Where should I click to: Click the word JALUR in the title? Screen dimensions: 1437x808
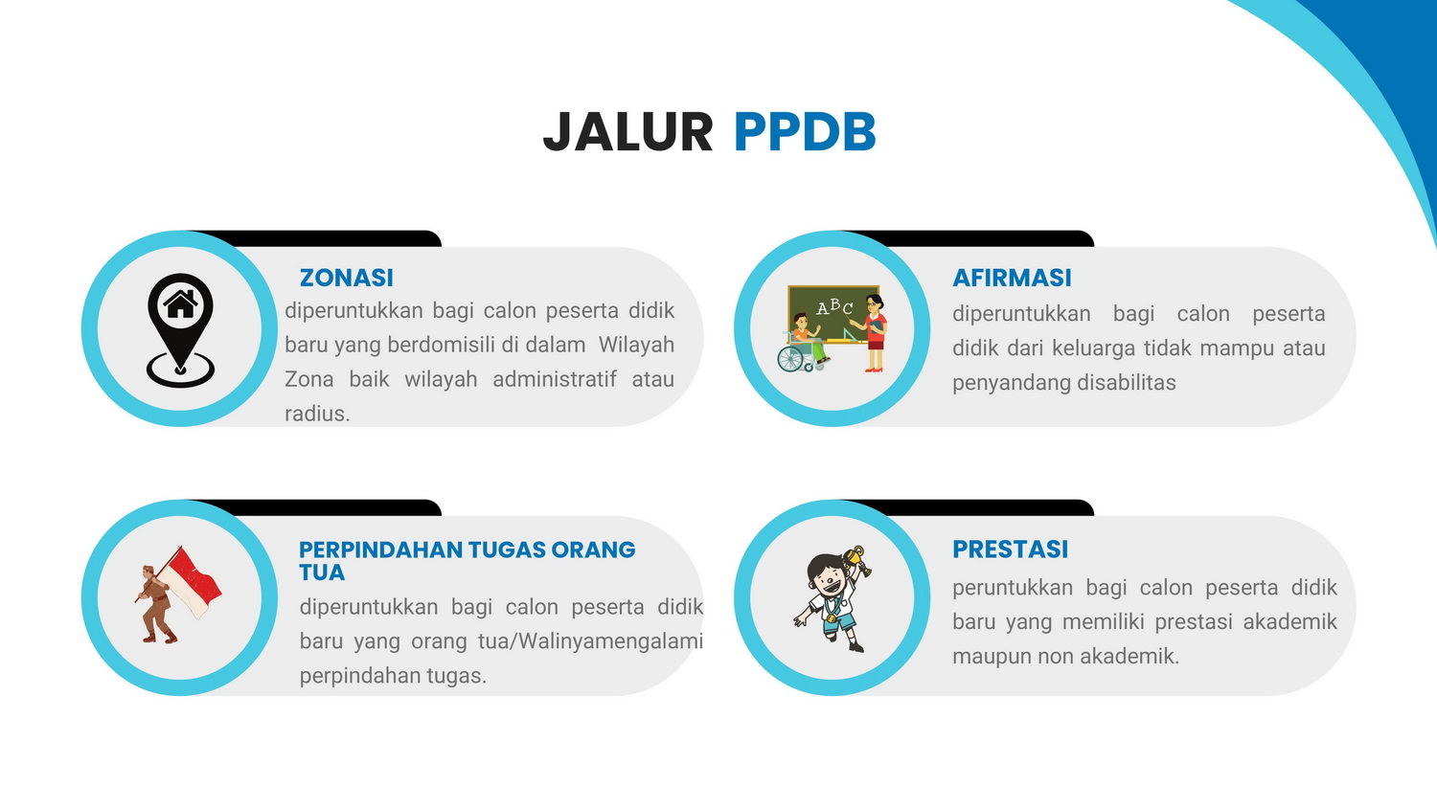coord(628,132)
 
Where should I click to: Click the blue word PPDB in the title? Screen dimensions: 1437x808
coord(805,132)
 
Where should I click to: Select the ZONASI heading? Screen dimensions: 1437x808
coord(347,278)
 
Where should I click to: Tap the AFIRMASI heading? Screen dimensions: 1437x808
coord(1012,278)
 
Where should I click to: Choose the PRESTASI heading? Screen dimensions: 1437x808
coord(1011,550)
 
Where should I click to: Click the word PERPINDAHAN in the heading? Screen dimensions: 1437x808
coord(381,550)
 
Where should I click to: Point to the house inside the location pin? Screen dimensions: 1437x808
coord(180,304)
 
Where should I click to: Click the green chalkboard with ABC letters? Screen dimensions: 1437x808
coord(833,314)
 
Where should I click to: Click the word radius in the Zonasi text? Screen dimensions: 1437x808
coord(317,414)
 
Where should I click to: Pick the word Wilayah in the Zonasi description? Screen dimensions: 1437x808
coord(636,345)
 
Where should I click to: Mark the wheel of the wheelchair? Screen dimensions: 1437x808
coord(790,359)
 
